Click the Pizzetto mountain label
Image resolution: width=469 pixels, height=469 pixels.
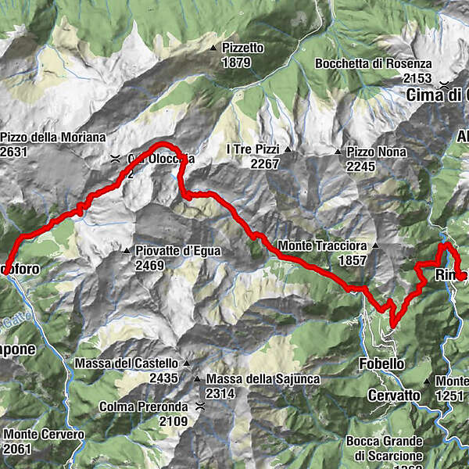click(x=242, y=48)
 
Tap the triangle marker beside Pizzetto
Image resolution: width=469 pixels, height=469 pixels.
click(x=213, y=48)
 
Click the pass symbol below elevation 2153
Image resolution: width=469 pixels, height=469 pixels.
click(x=444, y=84)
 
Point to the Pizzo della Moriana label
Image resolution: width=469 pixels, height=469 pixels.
click(x=52, y=137)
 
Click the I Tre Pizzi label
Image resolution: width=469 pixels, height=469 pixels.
click(x=252, y=149)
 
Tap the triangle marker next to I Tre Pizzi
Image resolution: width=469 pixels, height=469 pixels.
click(x=288, y=149)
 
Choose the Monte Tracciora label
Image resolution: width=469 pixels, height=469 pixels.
click(x=321, y=245)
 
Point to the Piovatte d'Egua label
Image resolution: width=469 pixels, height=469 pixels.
click(x=178, y=251)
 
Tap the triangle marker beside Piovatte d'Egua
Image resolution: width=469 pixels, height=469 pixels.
click(x=127, y=251)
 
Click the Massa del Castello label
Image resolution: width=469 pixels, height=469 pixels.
click(x=127, y=363)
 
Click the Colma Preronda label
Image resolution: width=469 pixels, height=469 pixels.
click(x=143, y=406)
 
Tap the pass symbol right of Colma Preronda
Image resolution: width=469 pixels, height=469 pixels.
click(x=201, y=406)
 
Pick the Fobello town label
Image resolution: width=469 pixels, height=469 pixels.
click(x=381, y=364)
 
